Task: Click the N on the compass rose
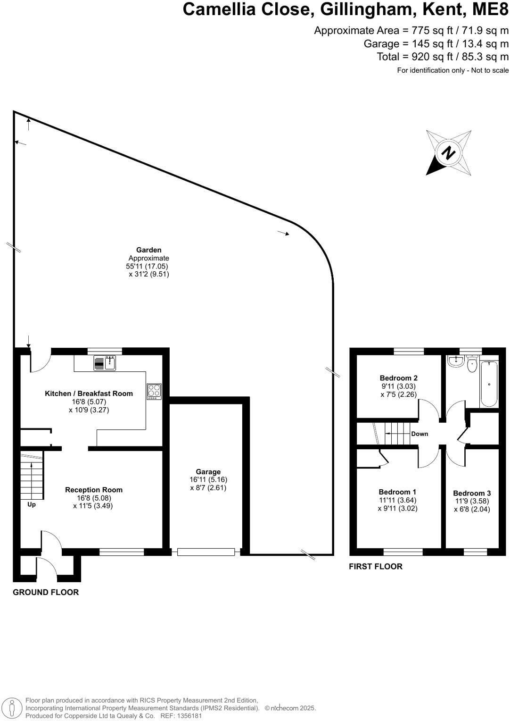click(x=448, y=153)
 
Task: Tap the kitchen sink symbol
click(x=105, y=363)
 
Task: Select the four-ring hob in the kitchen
click(x=154, y=391)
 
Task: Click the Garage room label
click(x=208, y=472)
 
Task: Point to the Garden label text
click(x=148, y=250)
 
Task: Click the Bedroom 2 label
click(x=398, y=378)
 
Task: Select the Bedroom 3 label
click(x=472, y=493)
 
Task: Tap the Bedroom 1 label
click(x=397, y=492)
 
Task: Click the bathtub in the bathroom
click(x=489, y=384)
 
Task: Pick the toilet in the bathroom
click(x=472, y=364)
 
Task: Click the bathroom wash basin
click(x=456, y=362)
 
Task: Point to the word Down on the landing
click(x=420, y=434)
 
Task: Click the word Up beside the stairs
click(x=32, y=504)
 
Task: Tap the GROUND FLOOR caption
click(x=46, y=592)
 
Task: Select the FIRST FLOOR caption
click(x=376, y=566)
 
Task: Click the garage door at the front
click(x=206, y=552)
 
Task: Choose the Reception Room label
click(x=94, y=490)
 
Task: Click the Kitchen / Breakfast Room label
click(x=89, y=394)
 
